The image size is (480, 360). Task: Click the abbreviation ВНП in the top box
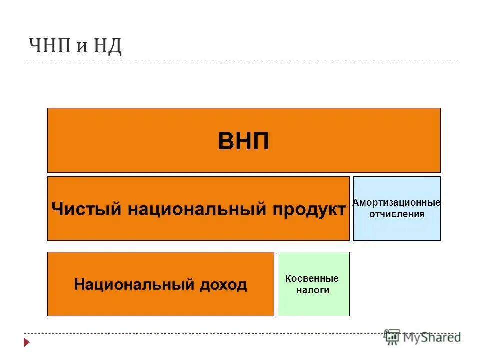(243, 142)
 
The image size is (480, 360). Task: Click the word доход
(222, 285)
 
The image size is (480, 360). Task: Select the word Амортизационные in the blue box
(396, 203)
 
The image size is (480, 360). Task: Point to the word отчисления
(397, 214)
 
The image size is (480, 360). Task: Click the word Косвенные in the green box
(312, 279)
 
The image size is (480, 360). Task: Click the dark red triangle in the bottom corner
(27, 343)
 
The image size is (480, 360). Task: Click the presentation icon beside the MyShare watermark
(392, 337)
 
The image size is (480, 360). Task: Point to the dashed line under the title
(240, 60)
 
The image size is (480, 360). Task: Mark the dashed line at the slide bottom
(200, 333)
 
